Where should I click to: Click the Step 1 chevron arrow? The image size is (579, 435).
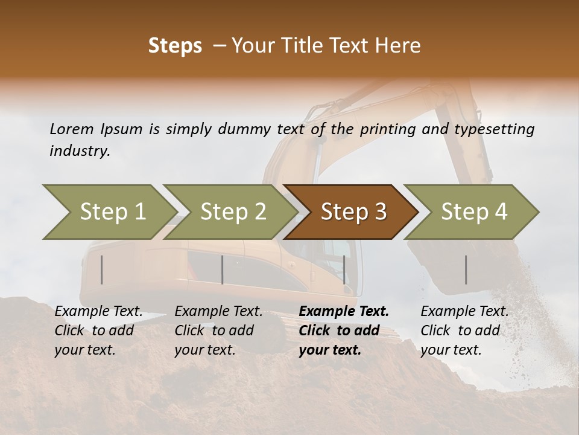(112, 212)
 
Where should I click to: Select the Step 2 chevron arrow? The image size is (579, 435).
(233, 212)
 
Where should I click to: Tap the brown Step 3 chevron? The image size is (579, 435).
(353, 212)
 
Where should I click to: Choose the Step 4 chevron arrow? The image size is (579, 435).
(473, 212)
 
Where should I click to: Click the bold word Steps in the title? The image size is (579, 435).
(175, 46)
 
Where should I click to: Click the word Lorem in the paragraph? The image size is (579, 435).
(71, 129)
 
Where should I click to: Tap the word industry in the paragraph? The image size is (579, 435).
(79, 151)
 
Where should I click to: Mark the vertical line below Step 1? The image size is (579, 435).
(102, 269)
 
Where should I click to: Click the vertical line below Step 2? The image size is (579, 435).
(223, 269)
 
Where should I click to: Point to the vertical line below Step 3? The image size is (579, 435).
(344, 269)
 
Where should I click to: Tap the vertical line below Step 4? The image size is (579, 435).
(466, 269)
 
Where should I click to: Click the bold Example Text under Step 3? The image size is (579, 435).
(344, 312)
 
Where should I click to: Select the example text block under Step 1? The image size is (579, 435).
(98, 330)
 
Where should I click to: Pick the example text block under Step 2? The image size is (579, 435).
(218, 330)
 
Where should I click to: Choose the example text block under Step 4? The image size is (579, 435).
(464, 330)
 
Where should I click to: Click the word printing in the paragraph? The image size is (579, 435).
(387, 129)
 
